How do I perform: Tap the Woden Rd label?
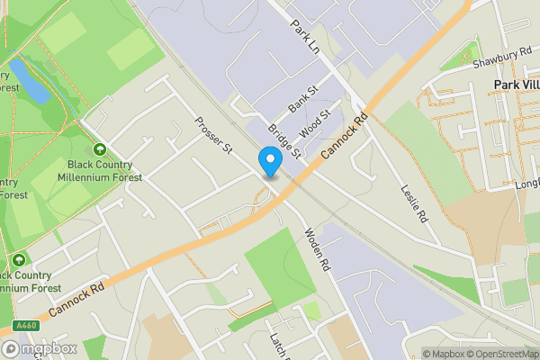tap(319, 249)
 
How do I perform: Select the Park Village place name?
tap(516, 84)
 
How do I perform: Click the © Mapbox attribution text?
tap(444, 354)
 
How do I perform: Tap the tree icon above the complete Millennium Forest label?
tap(99, 148)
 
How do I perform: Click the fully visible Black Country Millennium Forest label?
tap(100, 171)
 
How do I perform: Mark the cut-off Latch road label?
tap(276, 342)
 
